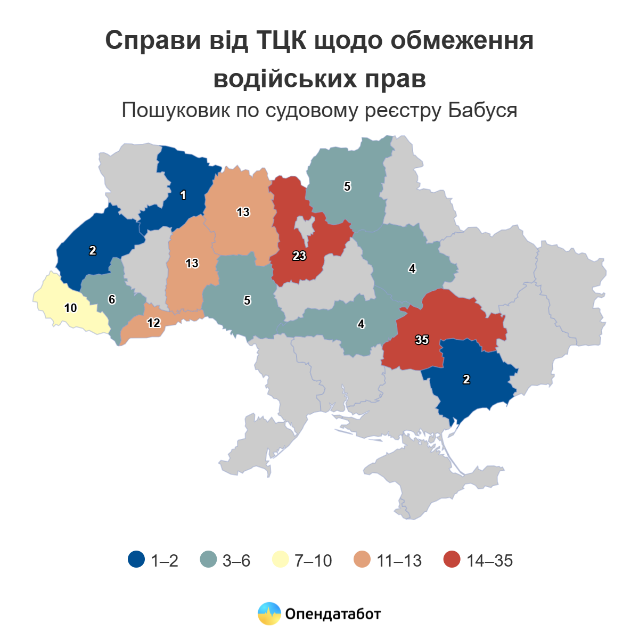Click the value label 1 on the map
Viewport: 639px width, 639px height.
(183, 195)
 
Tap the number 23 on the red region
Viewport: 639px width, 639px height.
(299, 256)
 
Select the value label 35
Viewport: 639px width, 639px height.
(422, 340)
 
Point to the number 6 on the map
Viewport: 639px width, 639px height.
(112, 300)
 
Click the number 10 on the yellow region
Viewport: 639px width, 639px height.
(70, 308)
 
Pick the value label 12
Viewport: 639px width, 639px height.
(153, 323)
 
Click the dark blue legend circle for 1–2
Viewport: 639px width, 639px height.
(136, 560)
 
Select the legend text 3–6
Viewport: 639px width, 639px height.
(236, 561)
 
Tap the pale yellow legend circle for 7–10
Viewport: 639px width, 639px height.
(280, 560)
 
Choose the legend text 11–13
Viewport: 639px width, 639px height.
(399, 561)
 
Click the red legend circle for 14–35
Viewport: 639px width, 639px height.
(452, 560)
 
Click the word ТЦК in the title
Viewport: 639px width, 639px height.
(282, 41)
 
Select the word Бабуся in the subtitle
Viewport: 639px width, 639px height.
(482, 111)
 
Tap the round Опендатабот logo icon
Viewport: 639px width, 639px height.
(269, 613)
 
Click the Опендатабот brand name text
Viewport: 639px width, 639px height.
(333, 614)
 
